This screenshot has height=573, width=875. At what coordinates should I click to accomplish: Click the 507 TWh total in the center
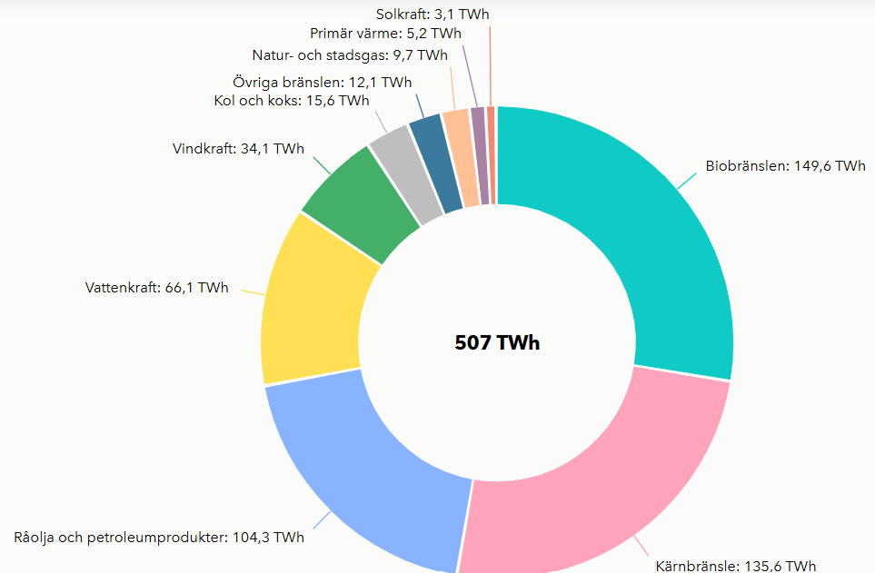pyautogui.click(x=497, y=342)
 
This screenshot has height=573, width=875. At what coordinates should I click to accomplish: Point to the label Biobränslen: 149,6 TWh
pyautogui.click(x=785, y=166)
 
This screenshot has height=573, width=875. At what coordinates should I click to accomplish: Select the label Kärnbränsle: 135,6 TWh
pyautogui.click(x=735, y=566)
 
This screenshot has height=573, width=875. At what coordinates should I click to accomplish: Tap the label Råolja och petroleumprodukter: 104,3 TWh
pyautogui.click(x=159, y=538)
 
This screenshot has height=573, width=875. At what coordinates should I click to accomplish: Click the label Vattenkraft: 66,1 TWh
pyautogui.click(x=156, y=288)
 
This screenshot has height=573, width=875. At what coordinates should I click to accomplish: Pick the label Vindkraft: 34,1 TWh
pyautogui.click(x=238, y=149)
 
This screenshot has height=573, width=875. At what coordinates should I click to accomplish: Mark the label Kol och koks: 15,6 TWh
pyautogui.click(x=292, y=101)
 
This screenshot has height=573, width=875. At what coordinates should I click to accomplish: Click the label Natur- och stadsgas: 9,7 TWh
pyautogui.click(x=350, y=55)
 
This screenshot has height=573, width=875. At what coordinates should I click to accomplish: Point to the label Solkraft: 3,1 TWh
pyautogui.click(x=433, y=15)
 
